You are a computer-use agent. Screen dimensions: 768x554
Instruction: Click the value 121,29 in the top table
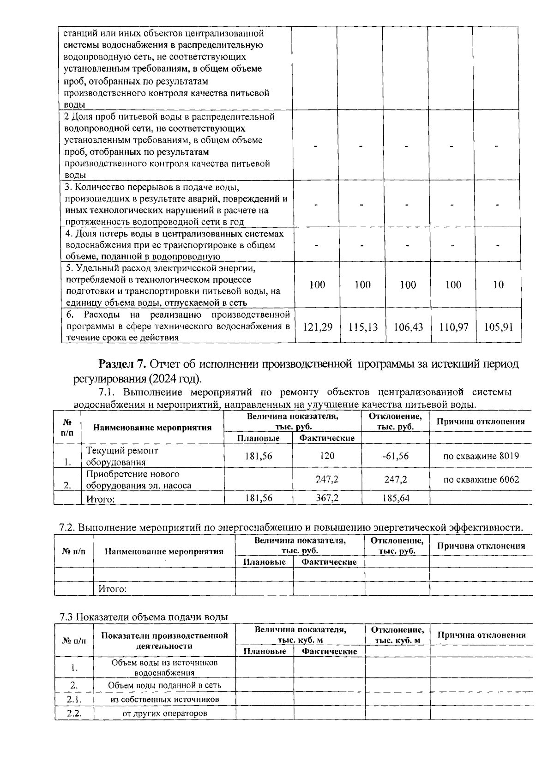point(317,327)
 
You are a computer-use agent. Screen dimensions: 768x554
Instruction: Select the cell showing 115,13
point(363,327)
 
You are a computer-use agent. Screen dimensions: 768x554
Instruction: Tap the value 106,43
point(408,327)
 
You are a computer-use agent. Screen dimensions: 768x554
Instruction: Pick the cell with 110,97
point(453,327)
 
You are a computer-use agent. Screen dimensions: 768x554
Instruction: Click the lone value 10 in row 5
point(498,284)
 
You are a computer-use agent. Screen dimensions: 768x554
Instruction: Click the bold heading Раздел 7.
point(122,364)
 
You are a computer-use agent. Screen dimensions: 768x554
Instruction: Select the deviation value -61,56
point(396,456)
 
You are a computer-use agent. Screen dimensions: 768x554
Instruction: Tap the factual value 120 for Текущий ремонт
point(327,456)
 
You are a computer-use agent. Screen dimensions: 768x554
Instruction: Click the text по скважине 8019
point(481,456)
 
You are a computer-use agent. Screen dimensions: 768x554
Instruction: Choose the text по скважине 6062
point(481,479)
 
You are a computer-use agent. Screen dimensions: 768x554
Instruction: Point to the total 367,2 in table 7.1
point(327,498)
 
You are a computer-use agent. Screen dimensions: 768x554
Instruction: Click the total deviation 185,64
point(396,498)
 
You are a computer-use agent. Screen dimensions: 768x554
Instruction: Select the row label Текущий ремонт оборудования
point(122,456)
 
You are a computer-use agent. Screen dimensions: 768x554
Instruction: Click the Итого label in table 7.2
point(112,589)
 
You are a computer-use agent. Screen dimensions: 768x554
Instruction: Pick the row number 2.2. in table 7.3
point(74,713)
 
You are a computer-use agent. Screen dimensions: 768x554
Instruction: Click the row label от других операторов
point(164,714)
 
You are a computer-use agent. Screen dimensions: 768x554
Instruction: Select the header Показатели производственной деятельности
point(164,641)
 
